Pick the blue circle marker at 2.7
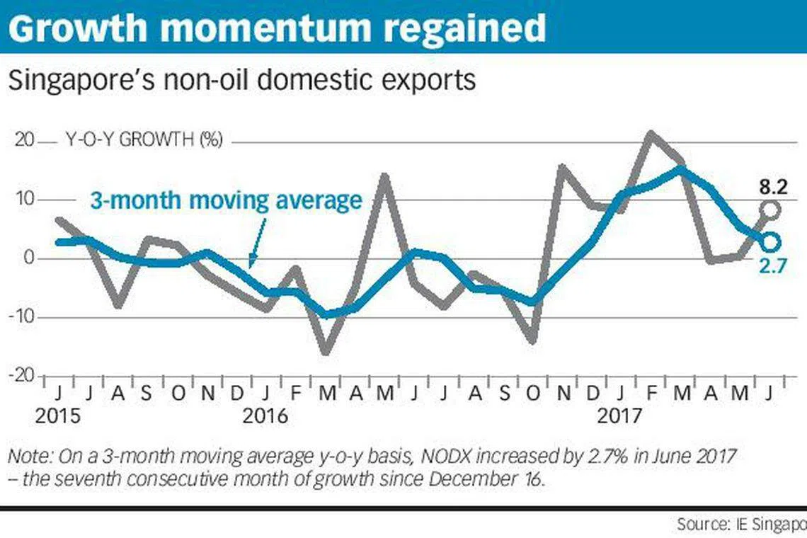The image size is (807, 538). pyautogui.click(x=771, y=242)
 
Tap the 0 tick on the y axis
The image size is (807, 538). pyautogui.click(x=28, y=258)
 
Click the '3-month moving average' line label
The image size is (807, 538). pyautogui.click(x=226, y=200)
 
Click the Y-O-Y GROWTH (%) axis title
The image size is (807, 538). pyautogui.click(x=144, y=140)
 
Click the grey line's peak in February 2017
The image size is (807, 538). pyautogui.click(x=650, y=134)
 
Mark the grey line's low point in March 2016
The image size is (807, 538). pyautogui.click(x=326, y=352)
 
